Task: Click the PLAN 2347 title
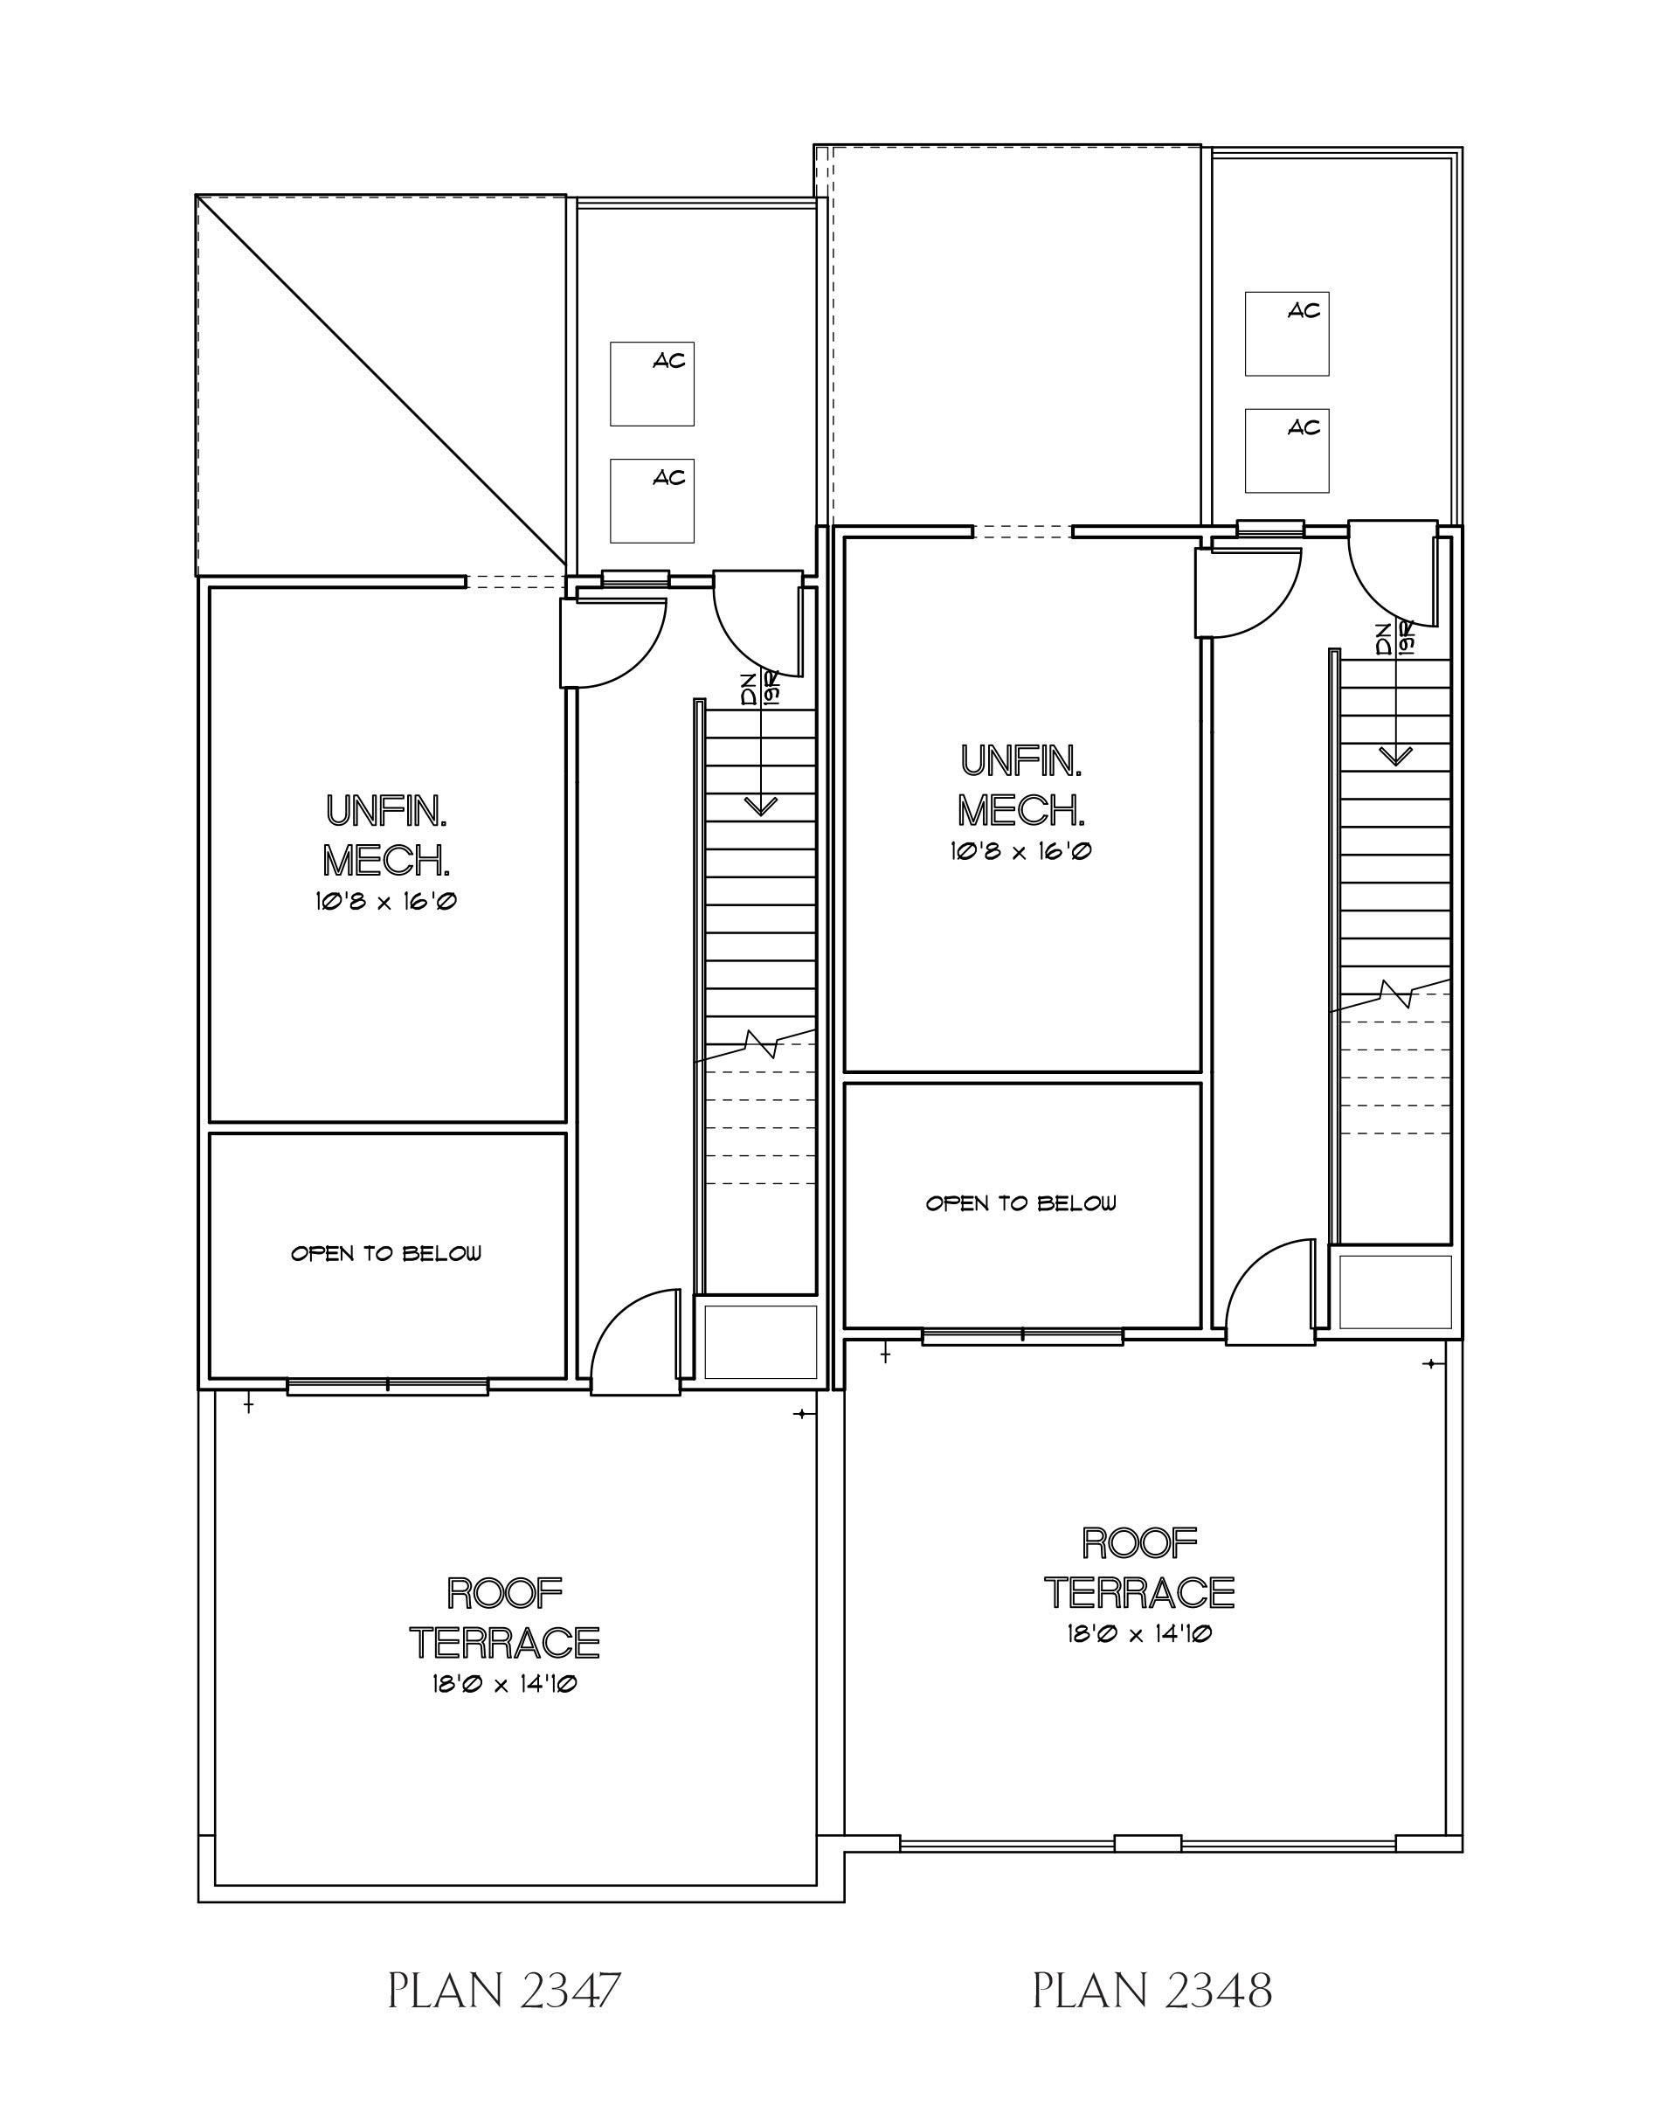[503, 1992]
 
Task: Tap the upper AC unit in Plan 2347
[652, 383]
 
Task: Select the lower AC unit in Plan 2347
[652, 501]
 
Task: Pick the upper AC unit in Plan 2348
[1287, 334]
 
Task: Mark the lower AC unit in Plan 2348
[1287, 451]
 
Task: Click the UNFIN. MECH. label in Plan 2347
[386, 835]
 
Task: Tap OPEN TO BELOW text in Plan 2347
[386, 1254]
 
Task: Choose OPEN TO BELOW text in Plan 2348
[1020, 1203]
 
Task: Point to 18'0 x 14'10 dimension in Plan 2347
[504, 1684]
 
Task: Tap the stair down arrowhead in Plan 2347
[760, 806]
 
